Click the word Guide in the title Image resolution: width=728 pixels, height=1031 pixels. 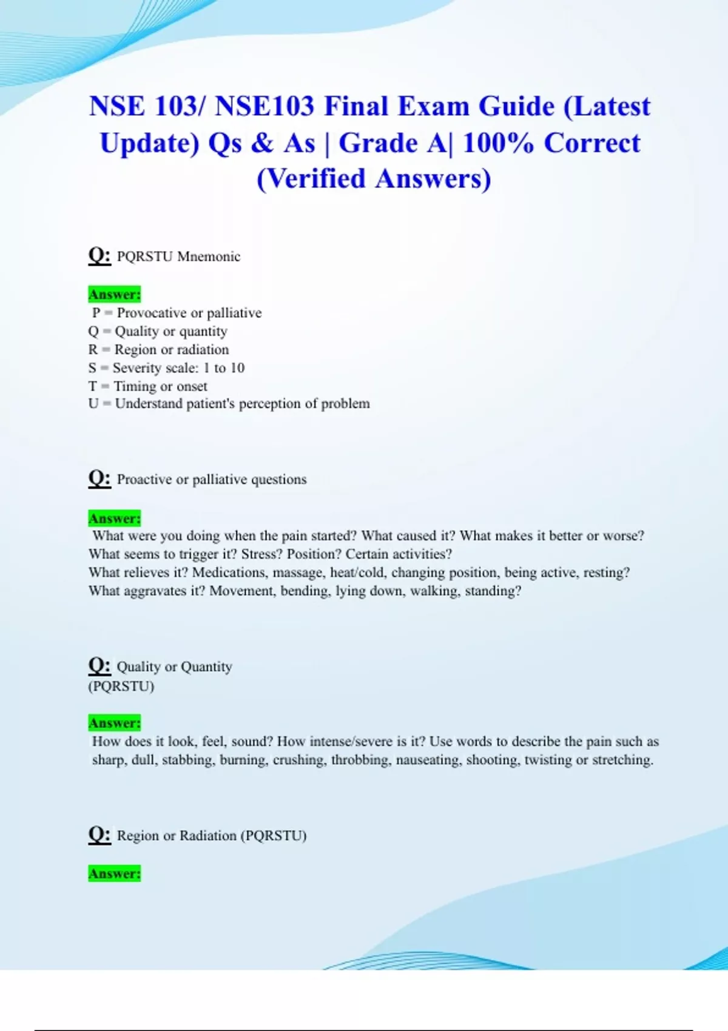516,107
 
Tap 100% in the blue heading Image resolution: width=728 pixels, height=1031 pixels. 498,144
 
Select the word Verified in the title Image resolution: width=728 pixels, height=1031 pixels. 311,179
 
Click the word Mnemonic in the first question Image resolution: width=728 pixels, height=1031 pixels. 209,257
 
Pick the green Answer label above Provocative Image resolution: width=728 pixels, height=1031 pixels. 114,295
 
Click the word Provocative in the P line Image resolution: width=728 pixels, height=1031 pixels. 152,313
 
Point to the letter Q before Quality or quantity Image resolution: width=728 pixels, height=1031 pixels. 93,331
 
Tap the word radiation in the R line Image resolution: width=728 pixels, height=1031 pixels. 203,349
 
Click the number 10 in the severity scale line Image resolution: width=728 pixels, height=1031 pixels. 237,368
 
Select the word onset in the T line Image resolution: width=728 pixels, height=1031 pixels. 192,386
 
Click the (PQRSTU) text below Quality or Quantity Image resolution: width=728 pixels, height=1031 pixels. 121,687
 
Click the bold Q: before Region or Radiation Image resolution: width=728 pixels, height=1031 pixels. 99,835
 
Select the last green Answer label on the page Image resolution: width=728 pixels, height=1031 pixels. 114,874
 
